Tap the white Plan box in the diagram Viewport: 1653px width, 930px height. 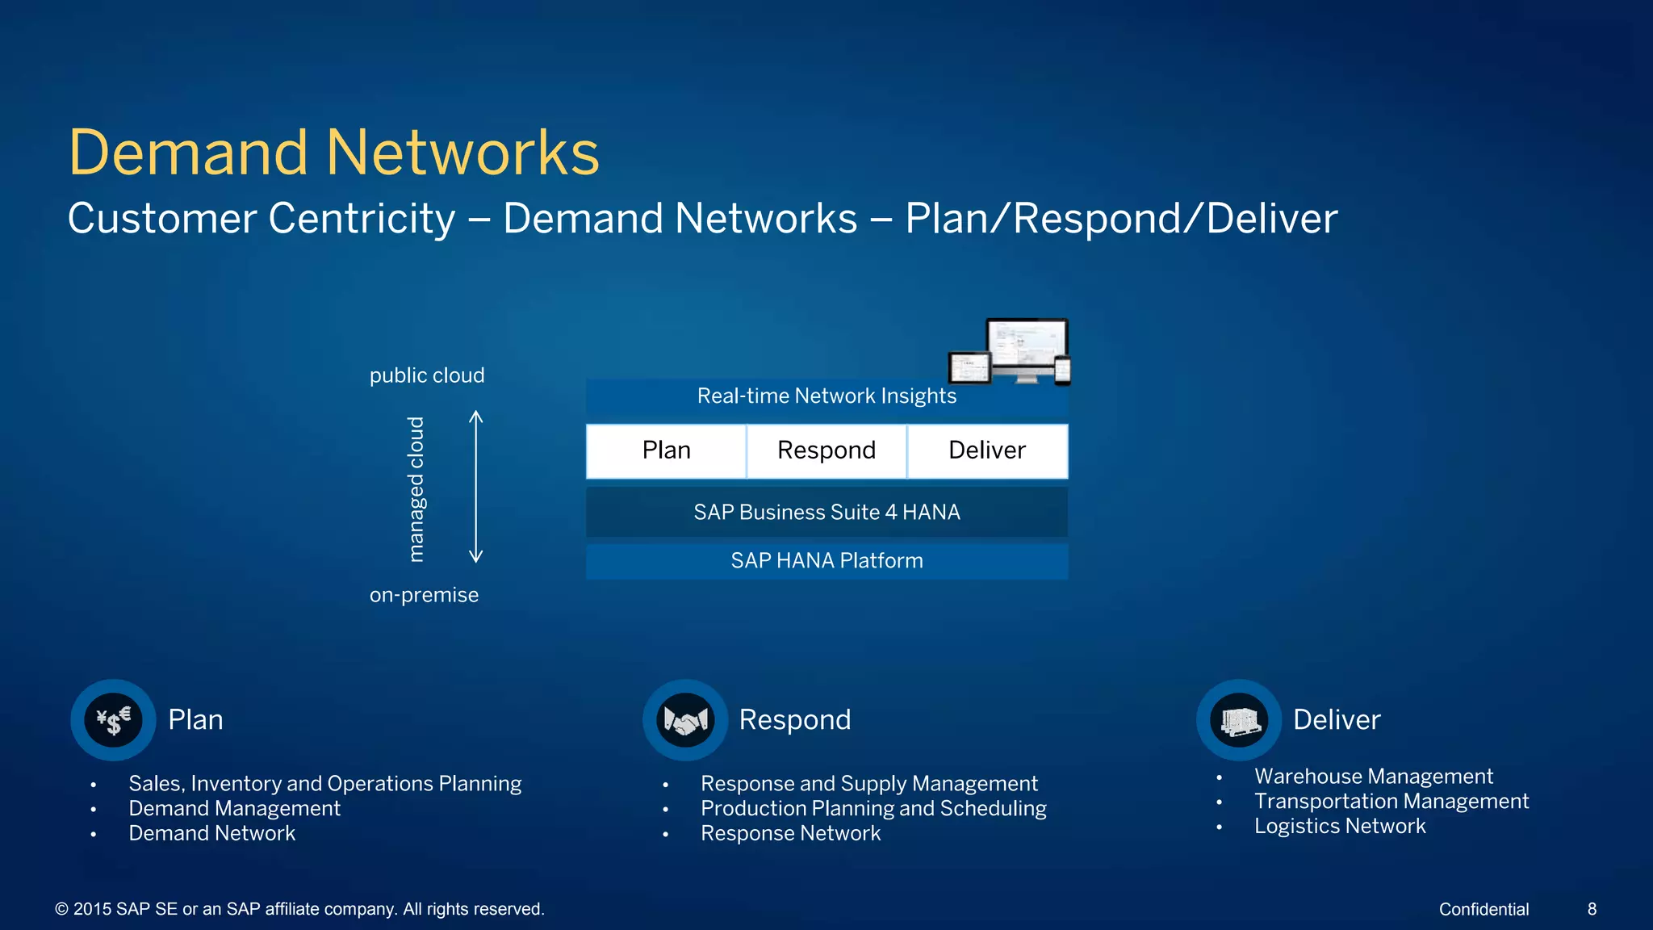click(x=666, y=450)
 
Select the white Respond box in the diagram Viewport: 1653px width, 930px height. click(x=826, y=450)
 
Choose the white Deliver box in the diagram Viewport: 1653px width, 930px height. click(x=987, y=450)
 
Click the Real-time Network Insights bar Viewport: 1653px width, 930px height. click(x=826, y=396)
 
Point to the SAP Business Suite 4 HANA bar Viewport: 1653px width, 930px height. click(x=826, y=513)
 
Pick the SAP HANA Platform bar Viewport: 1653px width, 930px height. click(x=826, y=561)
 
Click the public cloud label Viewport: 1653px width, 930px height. click(x=427, y=376)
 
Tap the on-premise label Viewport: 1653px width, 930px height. click(x=424, y=596)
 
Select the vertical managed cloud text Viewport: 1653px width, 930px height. click(x=416, y=489)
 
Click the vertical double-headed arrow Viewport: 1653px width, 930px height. click(x=476, y=486)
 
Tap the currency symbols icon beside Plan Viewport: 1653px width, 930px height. click(x=114, y=719)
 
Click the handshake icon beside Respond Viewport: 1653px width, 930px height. click(x=685, y=719)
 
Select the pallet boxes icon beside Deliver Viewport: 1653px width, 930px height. click(x=1239, y=719)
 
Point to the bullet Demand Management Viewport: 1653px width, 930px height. click(x=234, y=809)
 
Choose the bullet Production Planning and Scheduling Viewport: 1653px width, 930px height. click(x=873, y=809)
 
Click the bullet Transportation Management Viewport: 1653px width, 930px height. click(x=1391, y=802)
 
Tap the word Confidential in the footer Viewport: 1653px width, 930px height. click(x=1484, y=910)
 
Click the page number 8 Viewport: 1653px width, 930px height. click(x=1592, y=910)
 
